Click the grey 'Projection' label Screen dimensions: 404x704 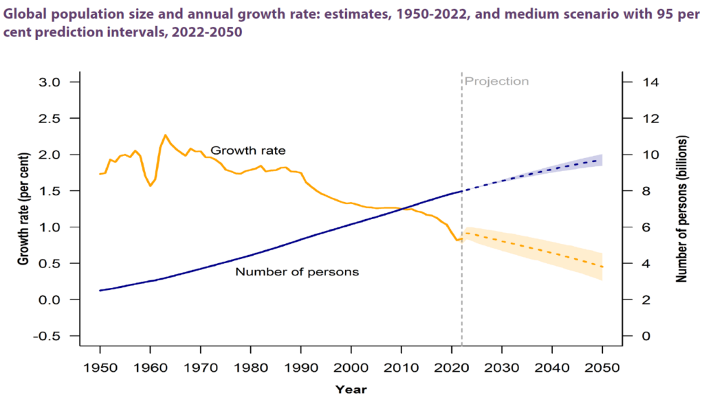[496, 81]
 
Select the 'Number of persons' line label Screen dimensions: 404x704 [297, 271]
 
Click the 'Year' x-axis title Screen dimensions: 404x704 [351, 390]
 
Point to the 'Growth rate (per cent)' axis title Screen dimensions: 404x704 [23, 210]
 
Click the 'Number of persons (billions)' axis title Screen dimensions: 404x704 [681, 210]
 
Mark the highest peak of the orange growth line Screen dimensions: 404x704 [165, 135]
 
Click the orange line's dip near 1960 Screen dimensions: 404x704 [150, 186]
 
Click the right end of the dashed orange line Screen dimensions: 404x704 [602, 267]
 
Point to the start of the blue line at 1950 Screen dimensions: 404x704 [100, 291]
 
